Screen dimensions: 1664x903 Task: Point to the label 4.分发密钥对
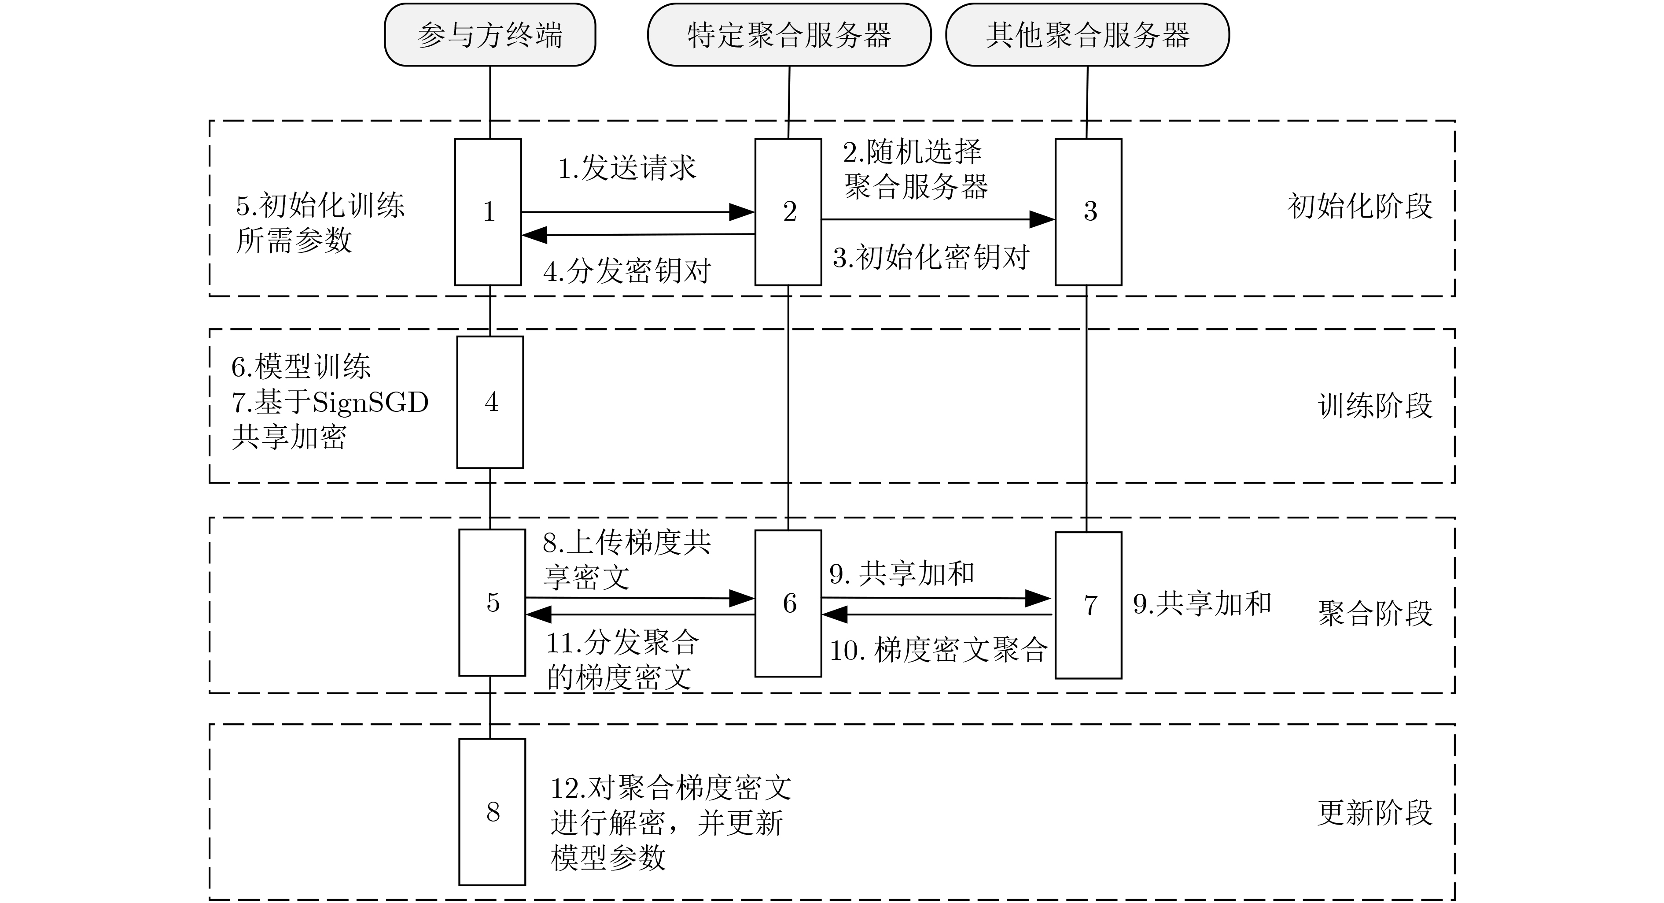pyautogui.click(x=626, y=271)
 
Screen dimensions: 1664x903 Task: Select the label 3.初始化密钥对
pyautogui.click(x=931, y=257)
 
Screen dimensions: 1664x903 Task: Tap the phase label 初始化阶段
pyautogui.click(x=1360, y=206)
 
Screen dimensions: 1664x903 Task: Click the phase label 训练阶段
pyautogui.click(x=1375, y=406)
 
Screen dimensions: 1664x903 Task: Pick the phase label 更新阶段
pyautogui.click(x=1375, y=813)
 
